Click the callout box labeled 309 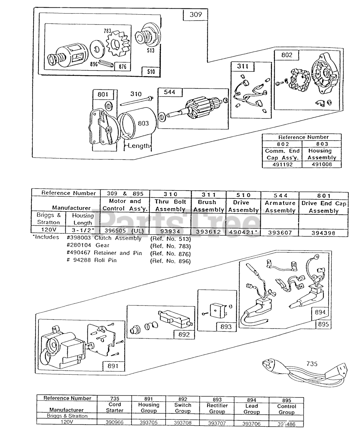(196, 15)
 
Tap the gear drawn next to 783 (118, 44)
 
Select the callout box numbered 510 (151, 72)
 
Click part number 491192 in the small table (282, 164)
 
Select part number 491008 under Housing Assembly (322, 164)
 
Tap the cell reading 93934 (170, 232)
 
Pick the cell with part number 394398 (323, 233)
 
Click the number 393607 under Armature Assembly (280, 233)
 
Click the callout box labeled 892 (184, 334)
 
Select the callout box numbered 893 (226, 327)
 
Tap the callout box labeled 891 (113, 366)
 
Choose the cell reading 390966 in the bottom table (115, 423)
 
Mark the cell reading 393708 (183, 423)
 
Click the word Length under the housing (139, 146)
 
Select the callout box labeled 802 (286, 55)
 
